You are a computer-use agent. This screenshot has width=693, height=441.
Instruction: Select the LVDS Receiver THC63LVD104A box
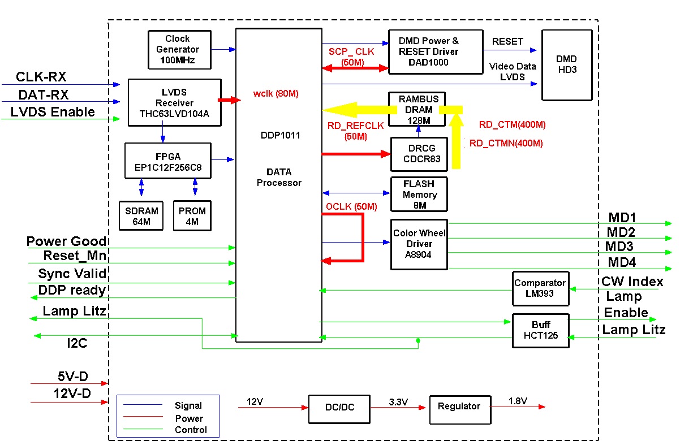click(x=174, y=103)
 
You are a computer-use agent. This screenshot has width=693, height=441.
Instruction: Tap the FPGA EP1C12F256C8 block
click(x=167, y=161)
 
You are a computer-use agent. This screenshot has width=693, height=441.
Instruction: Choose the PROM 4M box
click(x=192, y=215)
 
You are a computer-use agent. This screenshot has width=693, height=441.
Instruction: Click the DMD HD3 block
click(x=566, y=65)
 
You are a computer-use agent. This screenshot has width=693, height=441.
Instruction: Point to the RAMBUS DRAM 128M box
click(x=418, y=109)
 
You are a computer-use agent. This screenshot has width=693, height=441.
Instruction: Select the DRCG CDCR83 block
click(x=419, y=154)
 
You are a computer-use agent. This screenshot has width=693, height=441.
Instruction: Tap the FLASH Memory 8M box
click(x=419, y=194)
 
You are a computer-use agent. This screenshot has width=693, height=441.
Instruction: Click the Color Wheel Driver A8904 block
click(x=419, y=244)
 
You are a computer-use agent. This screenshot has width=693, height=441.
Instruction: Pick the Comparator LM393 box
click(x=540, y=288)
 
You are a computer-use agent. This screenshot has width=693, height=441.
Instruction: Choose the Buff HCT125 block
click(x=541, y=330)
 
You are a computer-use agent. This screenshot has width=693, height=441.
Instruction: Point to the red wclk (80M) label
click(x=276, y=93)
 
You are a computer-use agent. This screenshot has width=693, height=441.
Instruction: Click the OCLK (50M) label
click(x=351, y=207)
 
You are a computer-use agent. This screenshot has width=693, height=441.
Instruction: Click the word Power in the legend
click(x=189, y=418)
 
